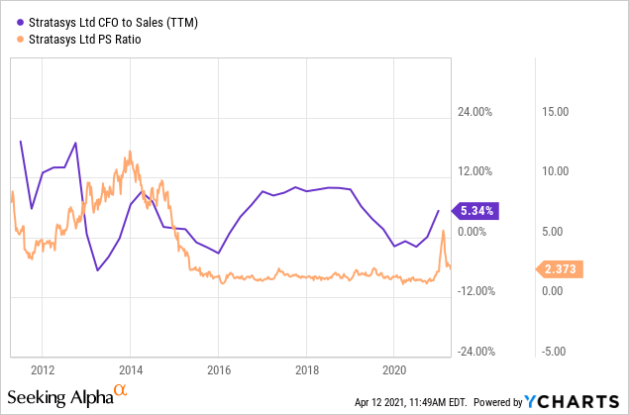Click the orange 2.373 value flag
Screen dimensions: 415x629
pos(558,268)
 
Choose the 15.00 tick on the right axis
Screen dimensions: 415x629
pos(554,112)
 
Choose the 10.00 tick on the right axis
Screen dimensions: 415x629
pos(554,171)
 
